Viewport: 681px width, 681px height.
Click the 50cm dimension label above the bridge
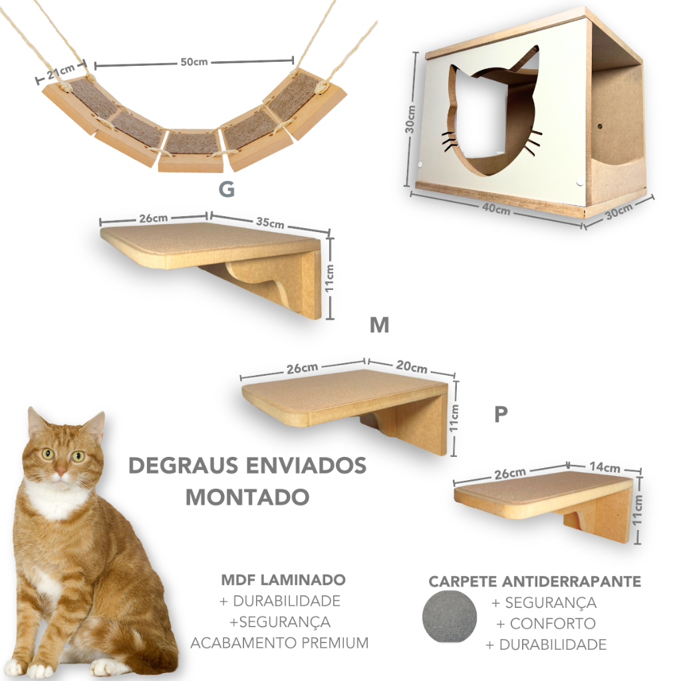click(194, 62)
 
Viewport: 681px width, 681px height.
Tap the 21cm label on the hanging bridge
click(61, 71)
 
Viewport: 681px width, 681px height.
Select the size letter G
click(227, 190)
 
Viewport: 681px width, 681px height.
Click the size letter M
click(379, 325)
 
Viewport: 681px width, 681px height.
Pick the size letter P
click(501, 414)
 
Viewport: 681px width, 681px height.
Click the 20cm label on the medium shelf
click(411, 367)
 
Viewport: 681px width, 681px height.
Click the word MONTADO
click(247, 496)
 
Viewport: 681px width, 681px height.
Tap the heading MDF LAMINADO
click(283, 580)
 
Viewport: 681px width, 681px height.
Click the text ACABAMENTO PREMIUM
click(279, 643)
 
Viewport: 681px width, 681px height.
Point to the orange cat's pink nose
click(61, 473)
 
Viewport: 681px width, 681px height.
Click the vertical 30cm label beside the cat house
click(412, 119)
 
